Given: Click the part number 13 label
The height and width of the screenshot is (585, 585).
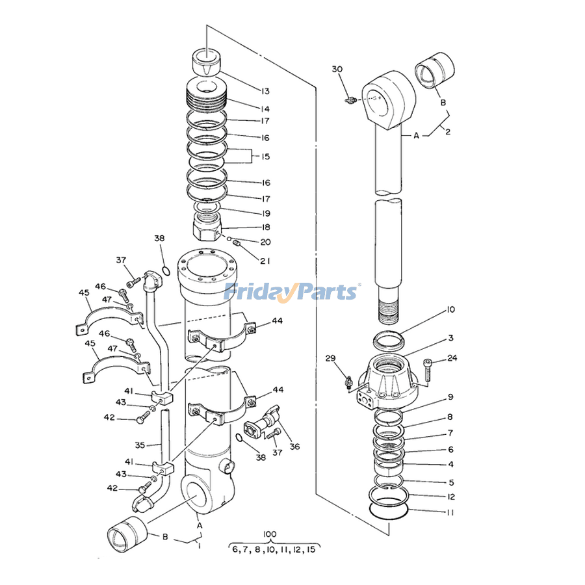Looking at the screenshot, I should click(x=248, y=90).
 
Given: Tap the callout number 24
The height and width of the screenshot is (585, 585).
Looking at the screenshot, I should click(x=452, y=357).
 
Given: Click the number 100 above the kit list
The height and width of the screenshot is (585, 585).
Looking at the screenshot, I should click(x=270, y=534).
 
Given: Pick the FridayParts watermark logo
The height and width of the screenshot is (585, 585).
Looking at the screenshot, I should click(x=291, y=291).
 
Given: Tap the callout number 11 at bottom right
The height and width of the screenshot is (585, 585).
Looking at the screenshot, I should click(x=450, y=512).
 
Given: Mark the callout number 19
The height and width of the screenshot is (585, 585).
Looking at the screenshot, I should click(x=248, y=213).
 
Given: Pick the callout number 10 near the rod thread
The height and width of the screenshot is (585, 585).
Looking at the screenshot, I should click(x=450, y=310).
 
